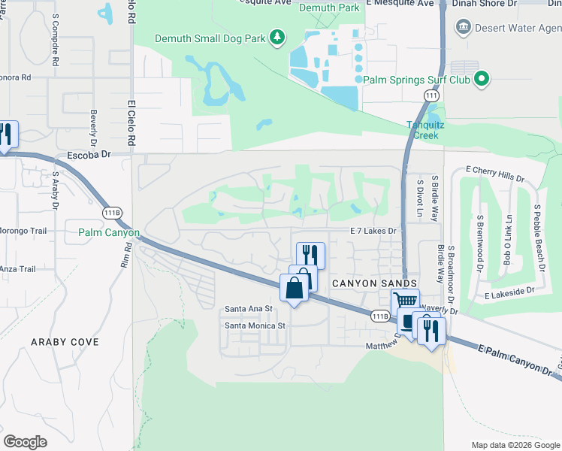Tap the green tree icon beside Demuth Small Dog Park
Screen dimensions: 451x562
(x=278, y=37)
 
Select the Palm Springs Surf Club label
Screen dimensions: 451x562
(x=416, y=79)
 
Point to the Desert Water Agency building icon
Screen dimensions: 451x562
(x=464, y=28)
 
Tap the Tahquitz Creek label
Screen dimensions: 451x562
(x=422, y=130)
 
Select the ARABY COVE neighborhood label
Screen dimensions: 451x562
(x=65, y=342)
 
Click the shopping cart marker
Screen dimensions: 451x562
(x=406, y=301)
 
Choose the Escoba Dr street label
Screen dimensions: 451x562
(x=89, y=154)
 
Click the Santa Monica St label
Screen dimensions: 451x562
(x=255, y=326)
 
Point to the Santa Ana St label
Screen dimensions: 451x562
(x=248, y=309)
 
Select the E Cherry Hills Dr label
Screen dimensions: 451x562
(x=494, y=174)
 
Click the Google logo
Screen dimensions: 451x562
(x=25, y=442)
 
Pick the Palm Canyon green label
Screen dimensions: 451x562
(x=109, y=233)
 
